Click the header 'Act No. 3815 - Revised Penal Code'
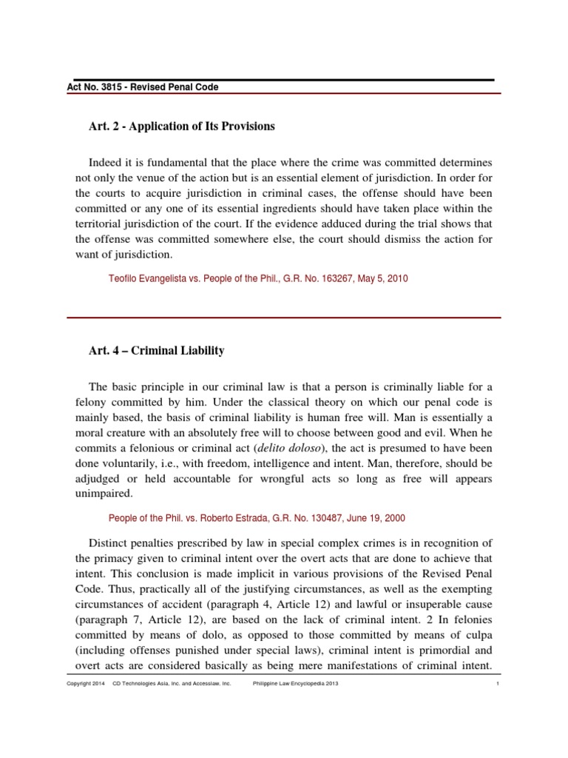(x=143, y=87)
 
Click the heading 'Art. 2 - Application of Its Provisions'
(x=181, y=127)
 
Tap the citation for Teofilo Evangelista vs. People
(x=258, y=279)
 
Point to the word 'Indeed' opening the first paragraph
(x=106, y=161)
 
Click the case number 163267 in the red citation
(x=342, y=279)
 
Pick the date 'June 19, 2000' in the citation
(x=378, y=518)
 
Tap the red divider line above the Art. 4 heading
(x=284, y=317)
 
